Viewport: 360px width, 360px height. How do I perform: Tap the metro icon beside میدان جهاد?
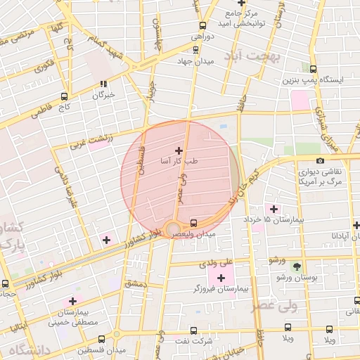(195, 49)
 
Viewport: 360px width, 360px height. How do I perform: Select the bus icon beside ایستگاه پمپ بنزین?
(313, 69)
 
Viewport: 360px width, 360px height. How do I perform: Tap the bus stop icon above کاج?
(65, 96)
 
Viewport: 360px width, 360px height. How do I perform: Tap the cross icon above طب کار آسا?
(179, 150)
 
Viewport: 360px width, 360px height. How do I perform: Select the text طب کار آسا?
(180, 161)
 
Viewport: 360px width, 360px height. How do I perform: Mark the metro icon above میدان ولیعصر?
(194, 222)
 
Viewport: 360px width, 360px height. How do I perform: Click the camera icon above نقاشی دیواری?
(321, 160)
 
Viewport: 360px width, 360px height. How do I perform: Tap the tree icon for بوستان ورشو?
(297, 266)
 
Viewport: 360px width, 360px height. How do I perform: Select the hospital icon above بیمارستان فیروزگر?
(222, 278)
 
